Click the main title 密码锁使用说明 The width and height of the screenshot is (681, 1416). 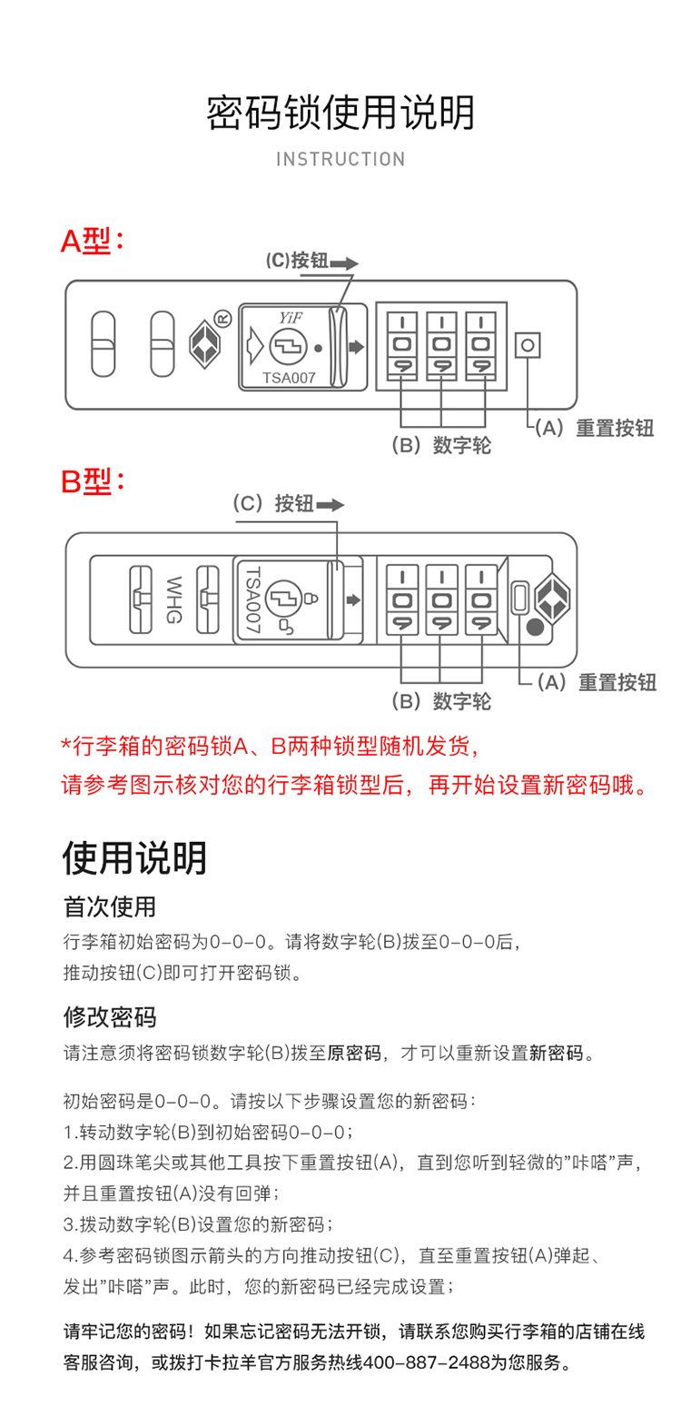click(x=340, y=113)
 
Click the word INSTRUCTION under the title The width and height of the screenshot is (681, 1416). click(x=340, y=160)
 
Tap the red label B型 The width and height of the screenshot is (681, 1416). click(x=92, y=482)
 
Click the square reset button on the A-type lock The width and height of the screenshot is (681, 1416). click(x=528, y=346)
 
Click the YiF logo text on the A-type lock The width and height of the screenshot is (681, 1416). click(x=290, y=317)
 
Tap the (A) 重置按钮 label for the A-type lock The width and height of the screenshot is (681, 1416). click(x=594, y=429)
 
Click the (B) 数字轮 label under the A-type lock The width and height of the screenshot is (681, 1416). click(x=441, y=445)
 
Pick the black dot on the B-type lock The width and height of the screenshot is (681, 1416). click(x=536, y=626)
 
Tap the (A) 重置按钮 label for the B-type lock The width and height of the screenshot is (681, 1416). click(x=596, y=682)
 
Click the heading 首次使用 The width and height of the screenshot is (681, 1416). click(x=110, y=906)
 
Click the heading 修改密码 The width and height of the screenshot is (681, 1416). click(x=110, y=1016)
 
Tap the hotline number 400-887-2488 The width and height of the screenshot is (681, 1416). click(x=428, y=1363)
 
